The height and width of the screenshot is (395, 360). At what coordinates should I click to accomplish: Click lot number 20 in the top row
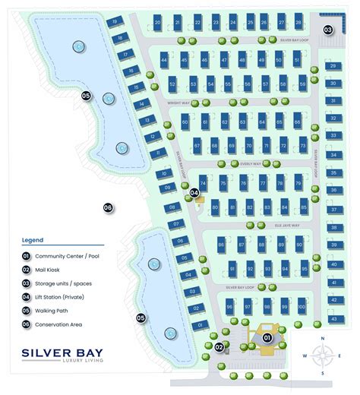point(156,24)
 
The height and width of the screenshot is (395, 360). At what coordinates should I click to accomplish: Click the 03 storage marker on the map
point(328,30)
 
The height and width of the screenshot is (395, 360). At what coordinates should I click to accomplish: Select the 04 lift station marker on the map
point(194,193)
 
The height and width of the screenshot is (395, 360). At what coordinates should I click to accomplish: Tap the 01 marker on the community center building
point(267,337)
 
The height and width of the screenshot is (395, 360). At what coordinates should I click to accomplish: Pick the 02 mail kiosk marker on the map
point(219,347)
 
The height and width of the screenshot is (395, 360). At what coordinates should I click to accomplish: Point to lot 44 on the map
point(164,58)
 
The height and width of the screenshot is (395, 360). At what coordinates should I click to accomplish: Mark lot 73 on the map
point(303,144)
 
